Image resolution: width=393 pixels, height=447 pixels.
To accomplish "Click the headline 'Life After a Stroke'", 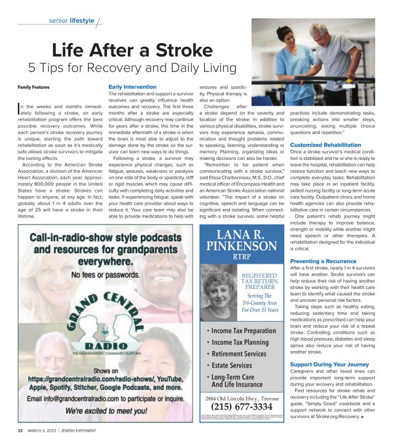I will (x=133, y=50).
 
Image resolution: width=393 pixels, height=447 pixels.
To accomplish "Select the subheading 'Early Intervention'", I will (x=132, y=87).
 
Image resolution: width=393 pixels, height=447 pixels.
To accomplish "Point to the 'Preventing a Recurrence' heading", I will (x=323, y=261).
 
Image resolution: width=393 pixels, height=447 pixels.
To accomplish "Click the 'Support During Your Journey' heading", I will (x=330, y=364).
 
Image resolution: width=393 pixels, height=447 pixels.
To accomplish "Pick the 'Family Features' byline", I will (x=33, y=87).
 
